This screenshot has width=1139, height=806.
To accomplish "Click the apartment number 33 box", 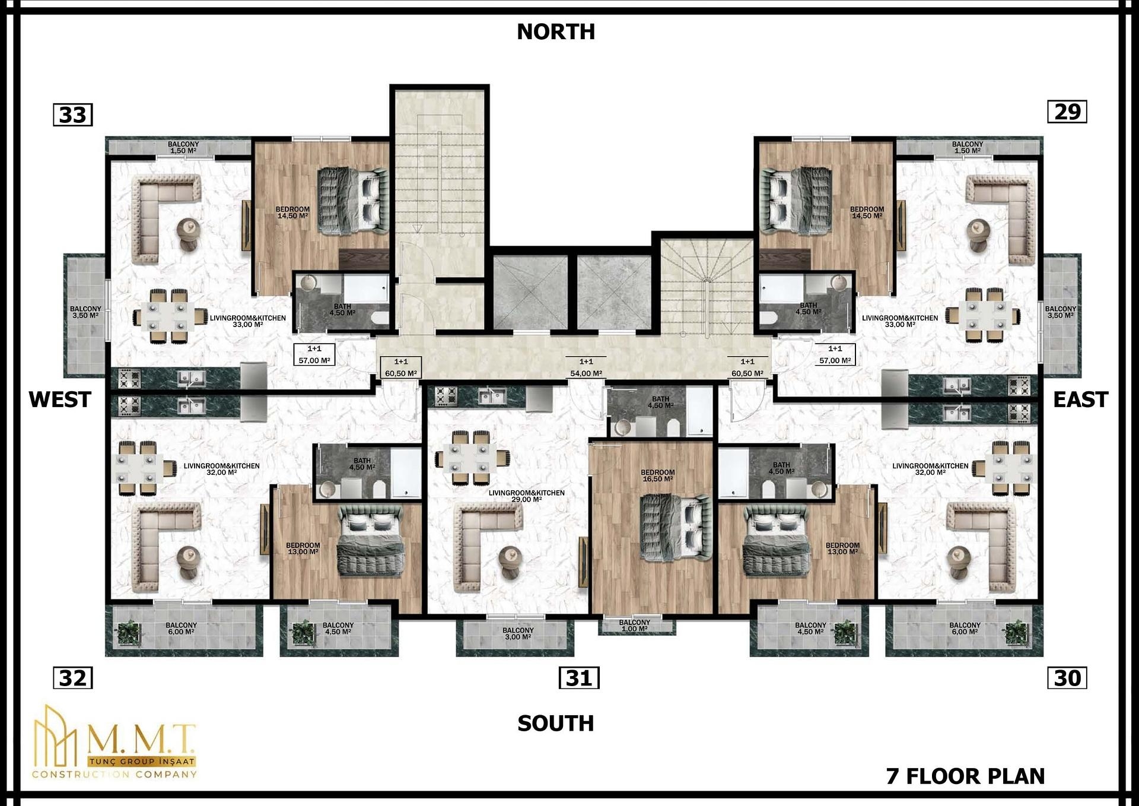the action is [73, 115].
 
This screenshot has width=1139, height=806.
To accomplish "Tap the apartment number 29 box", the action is [1067, 112].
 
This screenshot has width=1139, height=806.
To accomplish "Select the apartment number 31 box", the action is [579, 678].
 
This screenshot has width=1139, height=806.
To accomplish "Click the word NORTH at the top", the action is [556, 31].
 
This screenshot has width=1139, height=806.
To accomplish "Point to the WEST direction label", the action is [60, 399].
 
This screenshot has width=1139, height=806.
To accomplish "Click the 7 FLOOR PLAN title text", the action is [965, 776].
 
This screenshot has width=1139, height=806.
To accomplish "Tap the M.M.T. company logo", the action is [114, 742].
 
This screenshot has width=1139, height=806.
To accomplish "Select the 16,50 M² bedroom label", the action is [658, 475].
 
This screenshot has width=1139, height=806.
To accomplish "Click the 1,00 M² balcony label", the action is [635, 626].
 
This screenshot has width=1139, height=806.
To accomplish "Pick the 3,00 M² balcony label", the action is [518, 633].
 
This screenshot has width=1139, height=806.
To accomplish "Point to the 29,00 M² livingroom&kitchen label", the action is [527, 496].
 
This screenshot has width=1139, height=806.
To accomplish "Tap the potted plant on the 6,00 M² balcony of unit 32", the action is [128, 633].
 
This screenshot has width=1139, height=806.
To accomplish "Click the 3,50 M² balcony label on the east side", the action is [1060, 312].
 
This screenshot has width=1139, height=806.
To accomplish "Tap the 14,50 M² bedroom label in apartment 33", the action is [292, 212].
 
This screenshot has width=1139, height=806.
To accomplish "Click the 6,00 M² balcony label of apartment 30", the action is [965, 629].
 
